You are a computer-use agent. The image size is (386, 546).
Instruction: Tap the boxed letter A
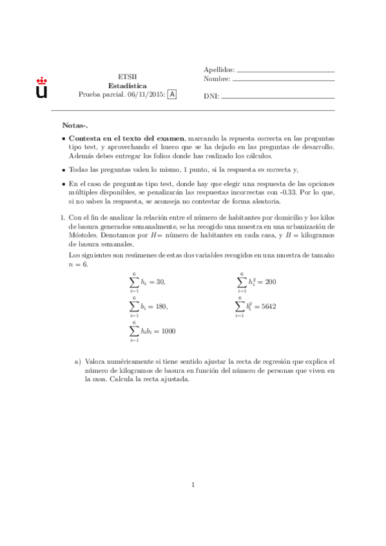(171, 94)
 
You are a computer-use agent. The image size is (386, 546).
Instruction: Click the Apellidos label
(219, 70)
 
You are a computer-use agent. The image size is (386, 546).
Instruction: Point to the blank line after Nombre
(284, 80)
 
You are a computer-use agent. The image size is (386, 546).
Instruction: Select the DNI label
(210, 97)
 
